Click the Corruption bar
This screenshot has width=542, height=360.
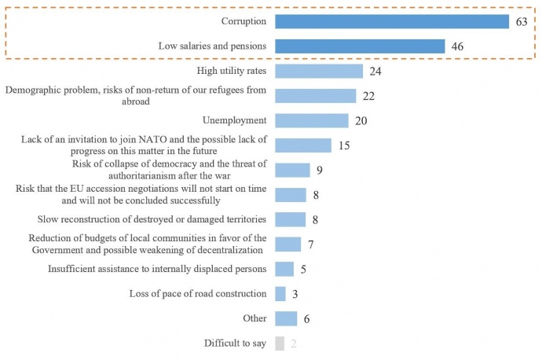[x=392, y=21]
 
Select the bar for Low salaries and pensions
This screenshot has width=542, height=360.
[x=360, y=46]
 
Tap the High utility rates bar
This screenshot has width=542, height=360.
[x=319, y=71]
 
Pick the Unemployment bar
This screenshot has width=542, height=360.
[x=312, y=120]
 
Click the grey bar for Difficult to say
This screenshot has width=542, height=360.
[x=280, y=343]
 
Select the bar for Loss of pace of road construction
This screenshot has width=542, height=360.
[x=280, y=294]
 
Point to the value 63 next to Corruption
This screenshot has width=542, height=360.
[x=521, y=22]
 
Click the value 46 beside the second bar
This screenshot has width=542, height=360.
[x=458, y=47]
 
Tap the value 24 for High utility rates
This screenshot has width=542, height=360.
[x=375, y=72]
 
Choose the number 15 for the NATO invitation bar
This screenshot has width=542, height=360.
[x=343, y=145]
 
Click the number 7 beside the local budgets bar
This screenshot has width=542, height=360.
[x=310, y=244]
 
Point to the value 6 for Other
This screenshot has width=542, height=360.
[x=306, y=319]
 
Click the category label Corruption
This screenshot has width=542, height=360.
[x=244, y=21]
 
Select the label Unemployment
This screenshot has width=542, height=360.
[x=234, y=120]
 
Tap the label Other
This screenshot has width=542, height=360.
[x=255, y=318]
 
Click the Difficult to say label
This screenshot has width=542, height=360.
[x=235, y=343]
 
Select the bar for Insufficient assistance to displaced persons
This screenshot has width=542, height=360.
[x=284, y=269]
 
